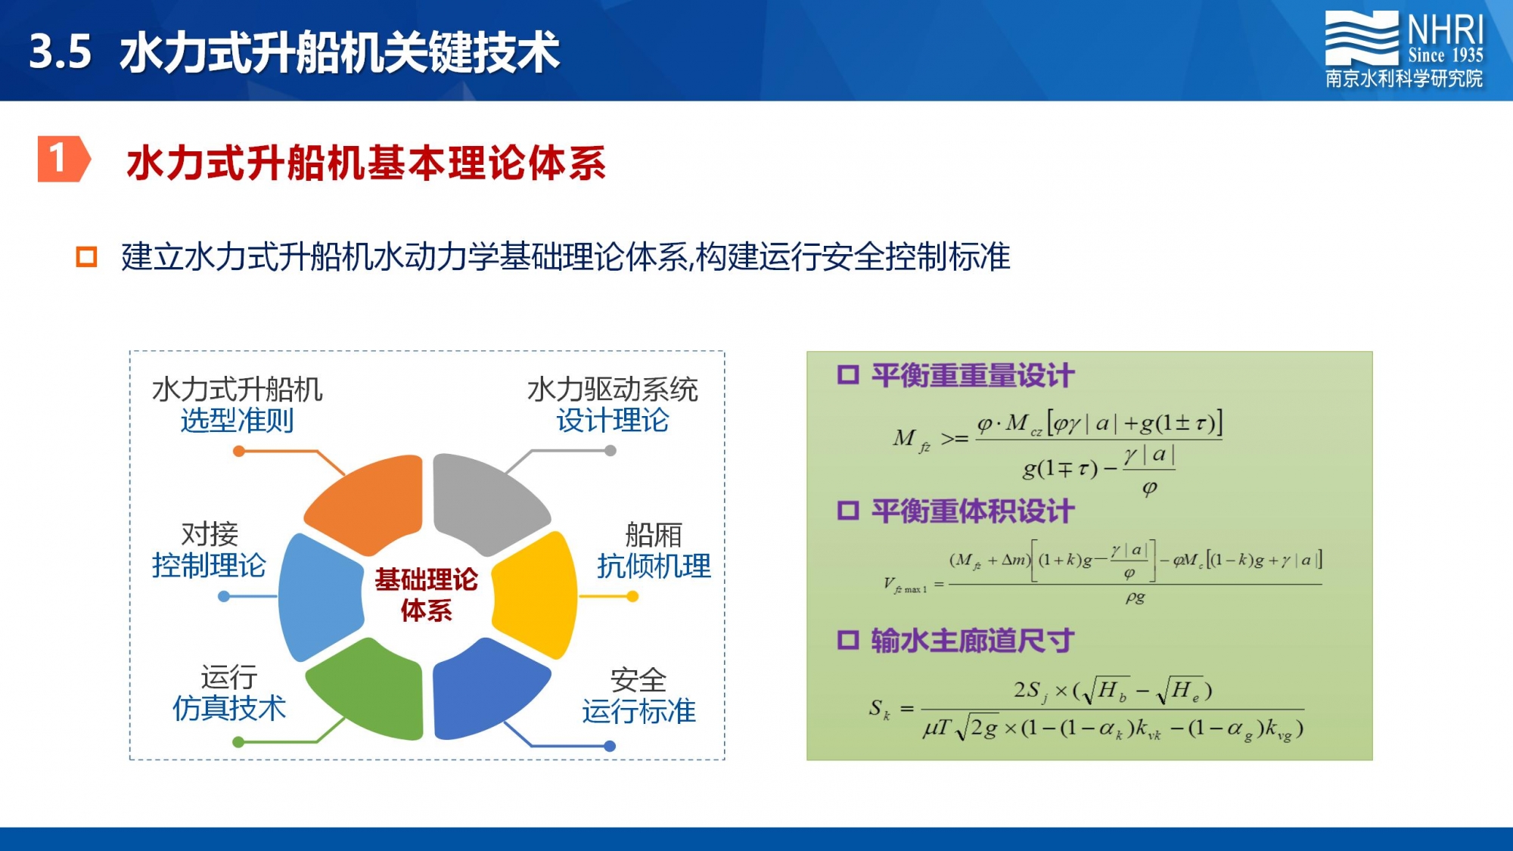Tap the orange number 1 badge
click(64, 159)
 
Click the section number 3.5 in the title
click(61, 52)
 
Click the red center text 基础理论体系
click(427, 595)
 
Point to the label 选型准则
click(237, 421)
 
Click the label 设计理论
click(613, 421)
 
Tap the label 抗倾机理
click(654, 566)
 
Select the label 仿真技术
click(229, 708)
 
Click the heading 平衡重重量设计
click(973, 375)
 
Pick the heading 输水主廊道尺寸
click(973, 640)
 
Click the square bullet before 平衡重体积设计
click(848, 511)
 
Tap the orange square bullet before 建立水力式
click(86, 256)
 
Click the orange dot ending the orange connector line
click(239, 452)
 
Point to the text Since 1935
click(1446, 55)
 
